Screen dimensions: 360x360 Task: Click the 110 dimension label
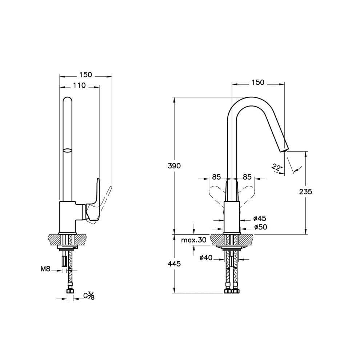79,85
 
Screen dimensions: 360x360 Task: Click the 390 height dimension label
174,165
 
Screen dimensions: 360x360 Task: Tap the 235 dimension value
305,192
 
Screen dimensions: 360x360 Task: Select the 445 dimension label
174,264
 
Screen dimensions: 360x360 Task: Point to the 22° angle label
277,167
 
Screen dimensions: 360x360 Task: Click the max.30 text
194,240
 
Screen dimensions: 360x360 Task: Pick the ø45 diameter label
260,218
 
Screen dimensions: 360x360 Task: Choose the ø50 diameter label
261,227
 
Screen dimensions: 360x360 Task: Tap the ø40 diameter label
206,257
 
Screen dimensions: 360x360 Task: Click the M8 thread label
45,269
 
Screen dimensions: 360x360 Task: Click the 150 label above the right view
258,82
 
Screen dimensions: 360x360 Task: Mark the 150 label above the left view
86,75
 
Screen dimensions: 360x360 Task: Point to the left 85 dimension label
216,177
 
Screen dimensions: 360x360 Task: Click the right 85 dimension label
247,177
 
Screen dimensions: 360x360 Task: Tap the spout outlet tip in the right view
284,150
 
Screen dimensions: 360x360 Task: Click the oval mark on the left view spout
67,150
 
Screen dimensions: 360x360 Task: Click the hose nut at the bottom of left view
70,291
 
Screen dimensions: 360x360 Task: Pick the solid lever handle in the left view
93,202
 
